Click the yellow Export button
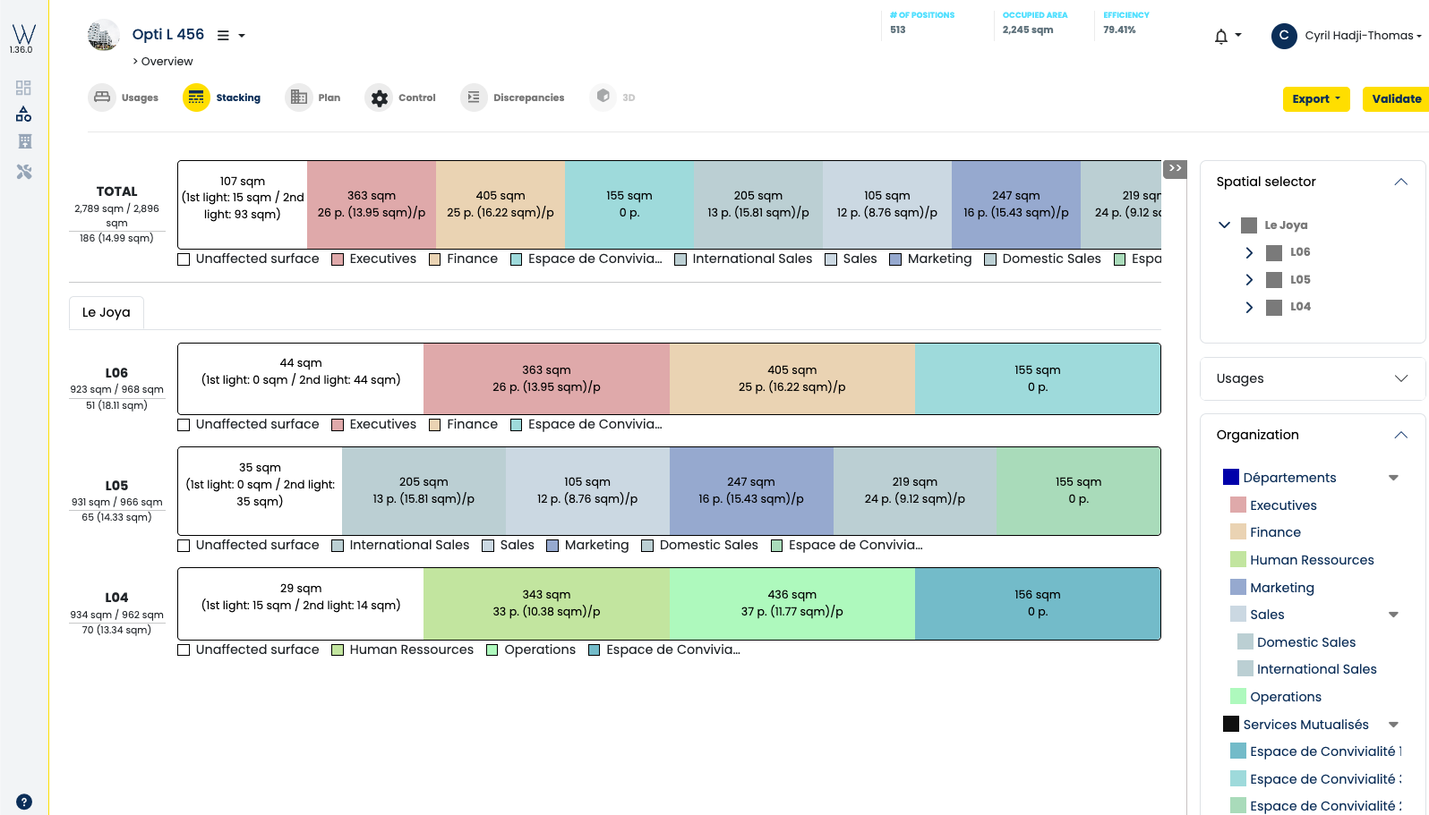(1316, 98)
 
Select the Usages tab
(124, 98)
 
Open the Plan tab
(313, 98)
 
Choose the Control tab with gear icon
(400, 98)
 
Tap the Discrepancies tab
(513, 98)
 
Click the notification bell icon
(1221, 37)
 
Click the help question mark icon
(23, 802)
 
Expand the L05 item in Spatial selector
(1249, 280)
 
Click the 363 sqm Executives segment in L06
(547, 378)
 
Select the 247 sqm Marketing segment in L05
(751, 490)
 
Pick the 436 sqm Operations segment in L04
(792, 604)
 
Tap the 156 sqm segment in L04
(1038, 604)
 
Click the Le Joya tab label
(106, 312)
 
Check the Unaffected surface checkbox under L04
(184, 650)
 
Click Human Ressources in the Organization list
(1312, 559)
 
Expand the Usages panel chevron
(1401, 378)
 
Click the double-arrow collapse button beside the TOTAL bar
(1175, 169)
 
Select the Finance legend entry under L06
(464, 424)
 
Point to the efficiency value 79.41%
(1119, 30)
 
